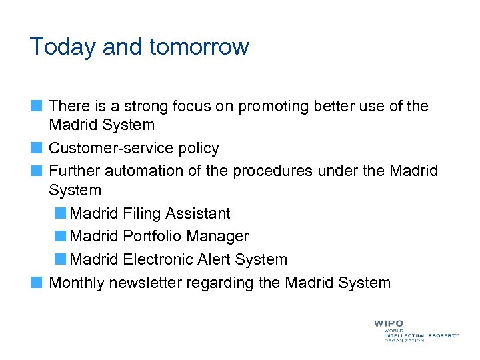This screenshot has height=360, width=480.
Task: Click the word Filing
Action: [x=143, y=213]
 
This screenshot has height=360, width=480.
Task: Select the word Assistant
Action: [x=198, y=213]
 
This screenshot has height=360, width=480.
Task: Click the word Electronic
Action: [x=159, y=259]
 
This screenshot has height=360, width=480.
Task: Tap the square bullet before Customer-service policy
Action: [x=37, y=147]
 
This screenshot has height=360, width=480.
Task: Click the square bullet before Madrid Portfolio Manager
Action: [x=61, y=236]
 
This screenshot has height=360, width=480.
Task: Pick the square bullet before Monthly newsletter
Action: [x=37, y=282]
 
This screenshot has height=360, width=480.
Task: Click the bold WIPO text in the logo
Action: [x=389, y=323]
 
